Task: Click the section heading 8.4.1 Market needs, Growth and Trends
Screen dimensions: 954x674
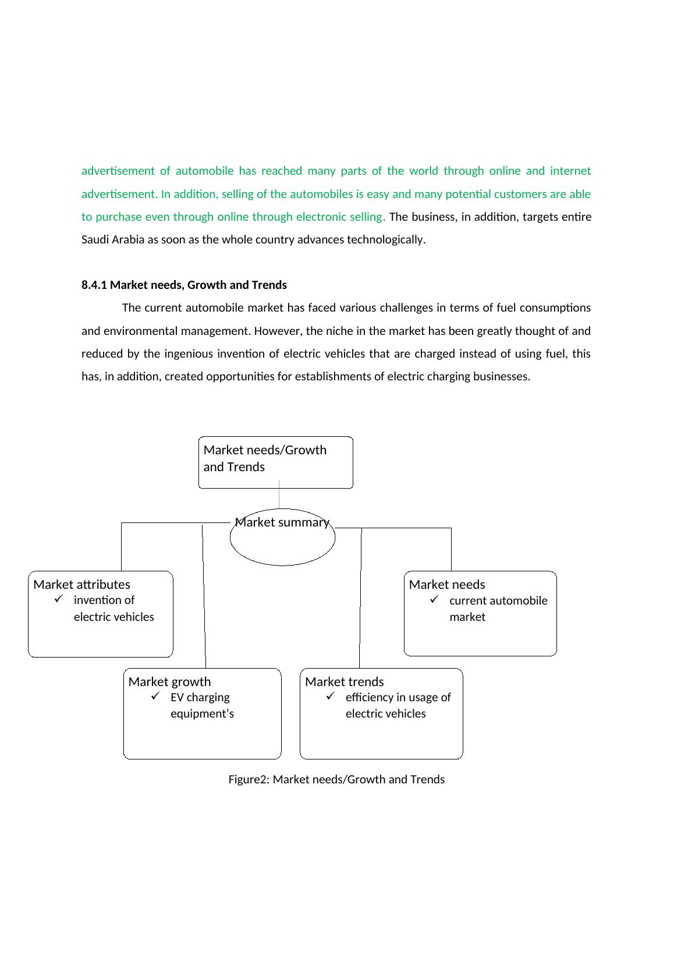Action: [184, 285]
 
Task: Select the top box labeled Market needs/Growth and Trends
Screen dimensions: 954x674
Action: [275, 462]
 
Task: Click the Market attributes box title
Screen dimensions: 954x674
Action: [81, 584]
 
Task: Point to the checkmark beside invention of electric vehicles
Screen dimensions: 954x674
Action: [57, 599]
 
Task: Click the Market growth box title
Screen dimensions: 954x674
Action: [169, 681]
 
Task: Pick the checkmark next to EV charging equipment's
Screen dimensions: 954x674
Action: [155, 696]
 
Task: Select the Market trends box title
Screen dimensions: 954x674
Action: [344, 681]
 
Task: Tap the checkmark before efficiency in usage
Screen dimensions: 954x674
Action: [331, 696]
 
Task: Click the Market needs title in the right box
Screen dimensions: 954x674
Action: [446, 584]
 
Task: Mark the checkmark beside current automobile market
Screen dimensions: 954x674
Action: [434, 599]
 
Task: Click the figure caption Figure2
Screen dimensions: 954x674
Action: [336, 779]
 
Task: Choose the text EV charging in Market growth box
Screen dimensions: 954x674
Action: [200, 697]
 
